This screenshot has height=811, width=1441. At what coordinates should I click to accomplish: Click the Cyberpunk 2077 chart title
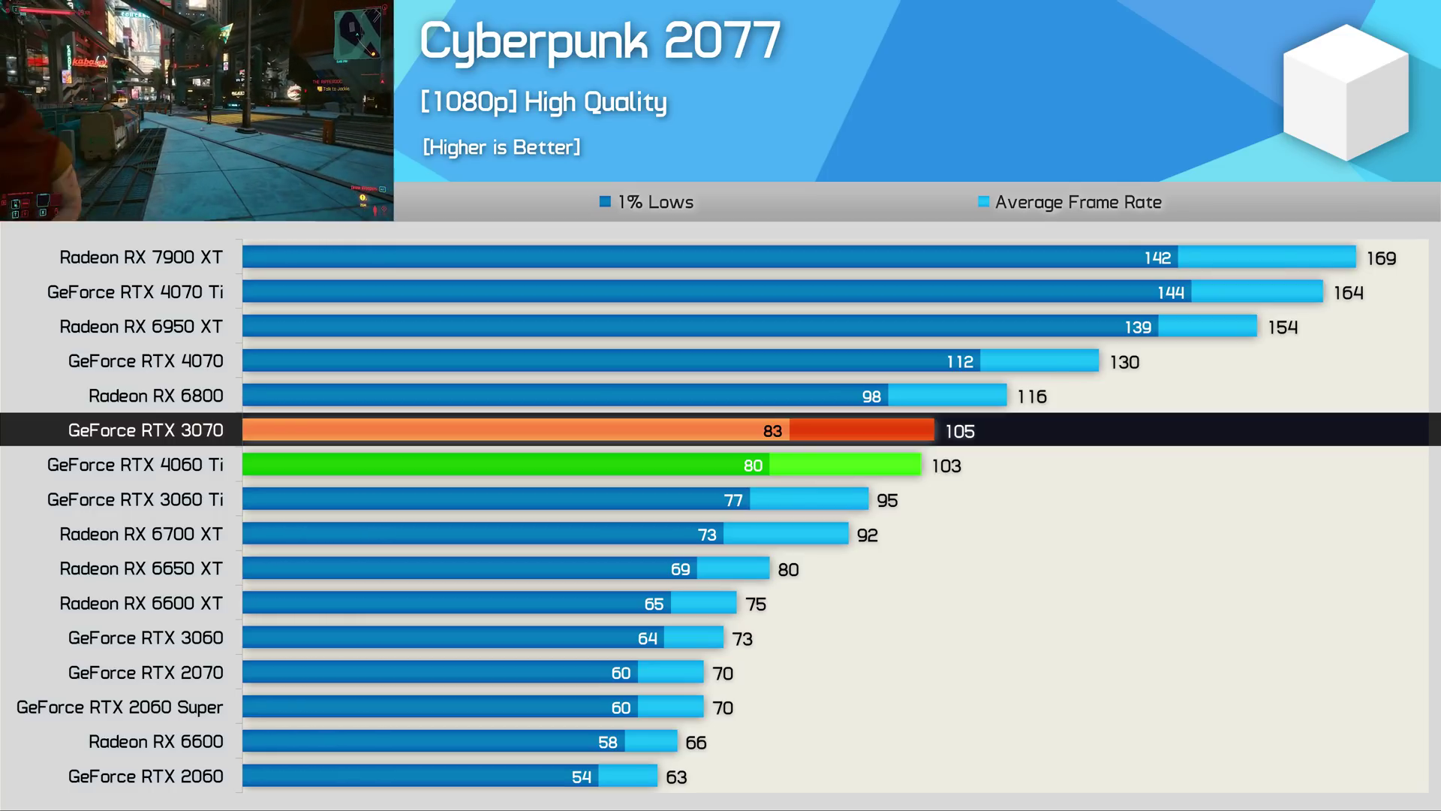click(x=600, y=41)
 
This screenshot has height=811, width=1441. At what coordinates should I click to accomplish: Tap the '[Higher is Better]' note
click(x=501, y=147)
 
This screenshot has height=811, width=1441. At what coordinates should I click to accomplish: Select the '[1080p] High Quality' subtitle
click(x=543, y=102)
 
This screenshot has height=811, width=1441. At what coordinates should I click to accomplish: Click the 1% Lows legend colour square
click(x=605, y=201)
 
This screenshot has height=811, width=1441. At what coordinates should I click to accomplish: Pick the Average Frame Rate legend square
click(x=983, y=201)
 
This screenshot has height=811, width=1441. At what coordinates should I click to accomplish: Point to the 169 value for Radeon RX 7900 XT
click(x=1381, y=258)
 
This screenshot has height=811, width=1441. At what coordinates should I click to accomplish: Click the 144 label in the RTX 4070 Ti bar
click(x=1171, y=292)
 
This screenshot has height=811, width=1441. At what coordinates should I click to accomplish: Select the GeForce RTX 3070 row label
click(x=146, y=430)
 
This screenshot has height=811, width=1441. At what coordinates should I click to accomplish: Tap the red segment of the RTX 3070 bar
click(x=862, y=430)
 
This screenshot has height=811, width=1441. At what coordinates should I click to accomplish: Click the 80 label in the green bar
click(x=753, y=466)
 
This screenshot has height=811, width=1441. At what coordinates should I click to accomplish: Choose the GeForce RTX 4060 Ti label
click(x=135, y=465)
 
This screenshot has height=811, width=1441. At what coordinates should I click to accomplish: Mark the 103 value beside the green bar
click(x=946, y=466)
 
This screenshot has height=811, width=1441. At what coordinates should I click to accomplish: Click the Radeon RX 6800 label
click(x=156, y=396)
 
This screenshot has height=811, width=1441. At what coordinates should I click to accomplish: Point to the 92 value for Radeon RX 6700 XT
click(x=867, y=535)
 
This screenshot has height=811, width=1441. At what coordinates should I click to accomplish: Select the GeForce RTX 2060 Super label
click(x=120, y=707)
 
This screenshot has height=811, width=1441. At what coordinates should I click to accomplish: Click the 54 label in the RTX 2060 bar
click(x=582, y=777)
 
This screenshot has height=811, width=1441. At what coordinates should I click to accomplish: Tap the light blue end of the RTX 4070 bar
click(x=1039, y=361)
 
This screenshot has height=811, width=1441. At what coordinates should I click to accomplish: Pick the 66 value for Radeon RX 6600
click(x=696, y=743)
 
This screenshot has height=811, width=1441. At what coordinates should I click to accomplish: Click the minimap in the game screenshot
click(x=357, y=34)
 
